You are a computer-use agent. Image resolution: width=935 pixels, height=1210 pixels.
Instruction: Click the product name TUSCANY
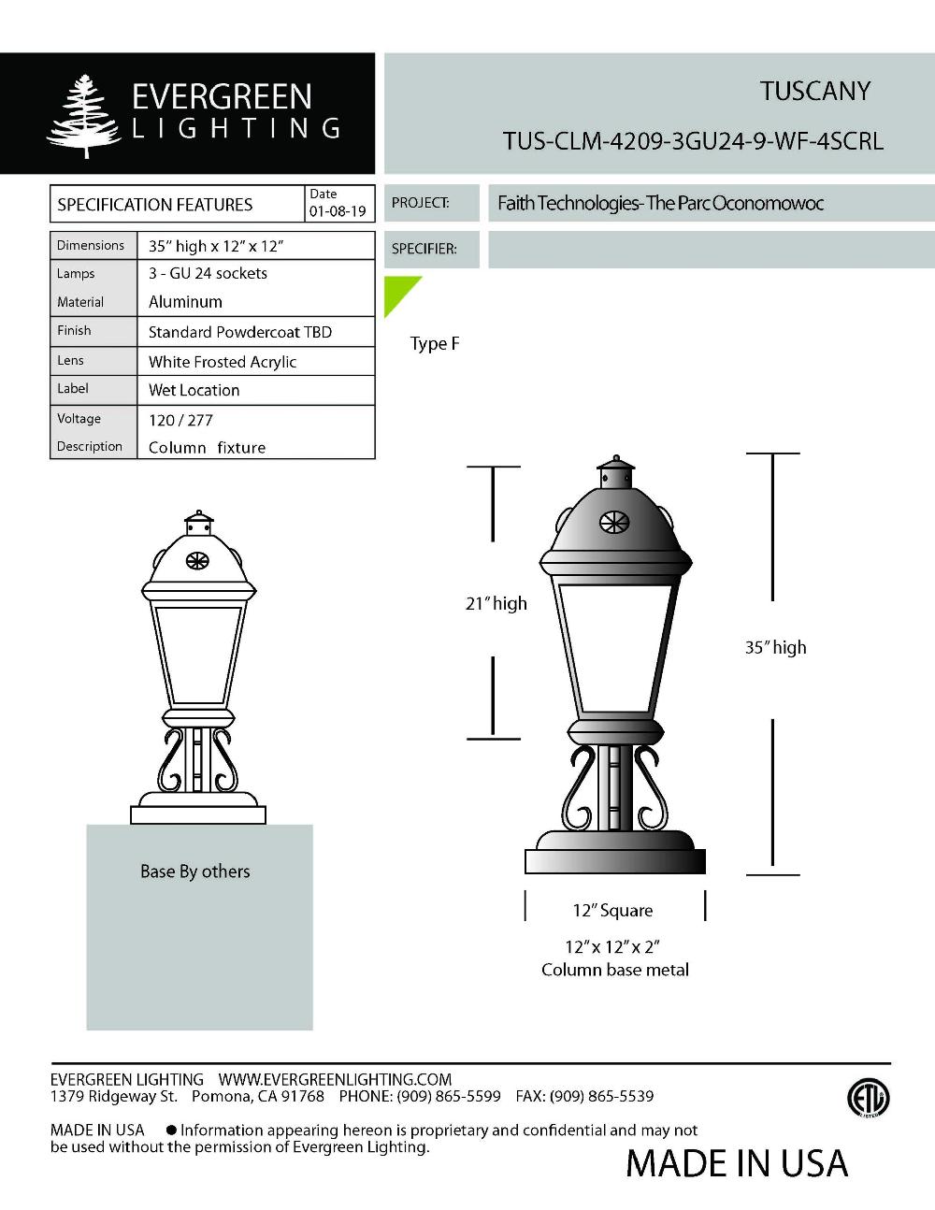pos(814,92)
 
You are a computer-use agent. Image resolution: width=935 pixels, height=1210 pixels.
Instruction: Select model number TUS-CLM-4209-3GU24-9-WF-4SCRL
pos(692,141)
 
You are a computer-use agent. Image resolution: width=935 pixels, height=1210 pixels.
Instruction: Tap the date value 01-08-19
pos(338,211)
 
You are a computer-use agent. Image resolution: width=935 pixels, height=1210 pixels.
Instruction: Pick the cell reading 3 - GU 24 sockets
pos(208,273)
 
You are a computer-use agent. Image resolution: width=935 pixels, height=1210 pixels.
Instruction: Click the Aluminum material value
pos(185,302)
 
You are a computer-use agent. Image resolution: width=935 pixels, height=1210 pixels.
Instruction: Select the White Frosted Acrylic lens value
pos(223,362)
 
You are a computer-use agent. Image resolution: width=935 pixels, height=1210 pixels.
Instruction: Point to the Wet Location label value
pos(194,390)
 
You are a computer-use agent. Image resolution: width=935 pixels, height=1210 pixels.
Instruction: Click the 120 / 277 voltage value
pos(180,420)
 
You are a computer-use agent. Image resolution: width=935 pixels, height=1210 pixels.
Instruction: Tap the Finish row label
pos(74,330)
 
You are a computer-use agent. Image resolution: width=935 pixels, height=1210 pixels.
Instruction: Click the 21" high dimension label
pos(496,604)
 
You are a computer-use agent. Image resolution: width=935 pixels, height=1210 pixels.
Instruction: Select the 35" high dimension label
pos(775,647)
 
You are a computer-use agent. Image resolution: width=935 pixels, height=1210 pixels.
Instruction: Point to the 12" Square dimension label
pos(612,911)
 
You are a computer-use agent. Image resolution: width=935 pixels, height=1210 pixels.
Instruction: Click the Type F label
pos(435,343)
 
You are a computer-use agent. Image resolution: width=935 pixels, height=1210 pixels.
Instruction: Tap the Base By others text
pos(195,871)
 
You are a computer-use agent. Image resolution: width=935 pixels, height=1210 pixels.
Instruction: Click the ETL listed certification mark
pos(868,1099)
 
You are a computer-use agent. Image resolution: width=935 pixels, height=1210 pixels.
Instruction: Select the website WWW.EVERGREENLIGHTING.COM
pos(335,1079)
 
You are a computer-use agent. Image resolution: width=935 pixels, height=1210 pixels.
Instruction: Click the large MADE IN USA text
pos(737,1163)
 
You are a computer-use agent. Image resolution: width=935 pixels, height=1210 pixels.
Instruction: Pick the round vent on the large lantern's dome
pos(614,522)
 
